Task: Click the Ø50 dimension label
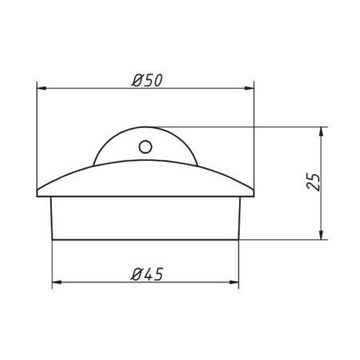tap(147, 80)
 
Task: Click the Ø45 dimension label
tap(147, 274)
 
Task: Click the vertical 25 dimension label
tap(313, 182)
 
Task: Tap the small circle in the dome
tap(146, 146)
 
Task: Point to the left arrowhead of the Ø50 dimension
tap(42, 88)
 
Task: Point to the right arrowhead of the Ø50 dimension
tap(249, 88)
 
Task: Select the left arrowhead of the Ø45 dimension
tap(57, 282)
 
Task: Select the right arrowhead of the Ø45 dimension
tap(234, 282)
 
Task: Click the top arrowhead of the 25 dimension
tap(322, 132)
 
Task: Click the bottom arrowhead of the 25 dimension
tap(322, 234)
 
